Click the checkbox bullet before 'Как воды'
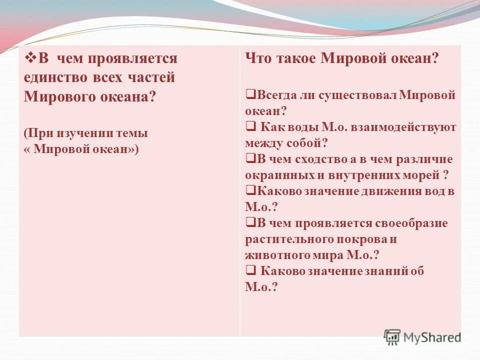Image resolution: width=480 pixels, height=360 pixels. [250, 127]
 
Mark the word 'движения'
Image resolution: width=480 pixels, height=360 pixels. [390, 191]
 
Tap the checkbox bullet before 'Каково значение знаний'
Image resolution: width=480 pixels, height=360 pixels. [250, 270]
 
